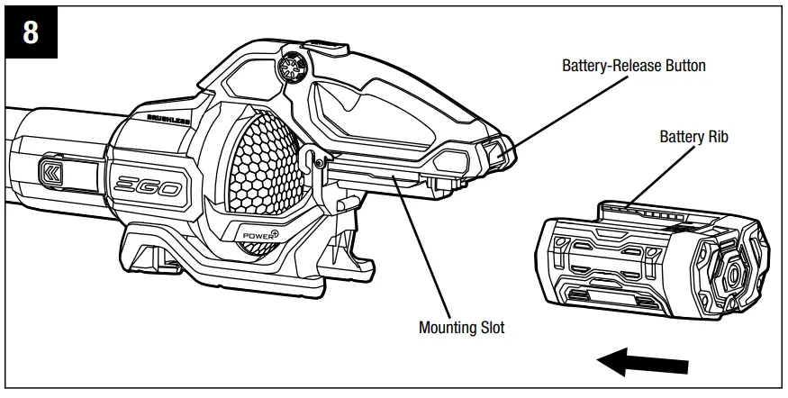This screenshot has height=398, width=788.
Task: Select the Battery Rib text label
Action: tap(693, 138)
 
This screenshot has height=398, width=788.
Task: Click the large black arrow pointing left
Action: tap(640, 364)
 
